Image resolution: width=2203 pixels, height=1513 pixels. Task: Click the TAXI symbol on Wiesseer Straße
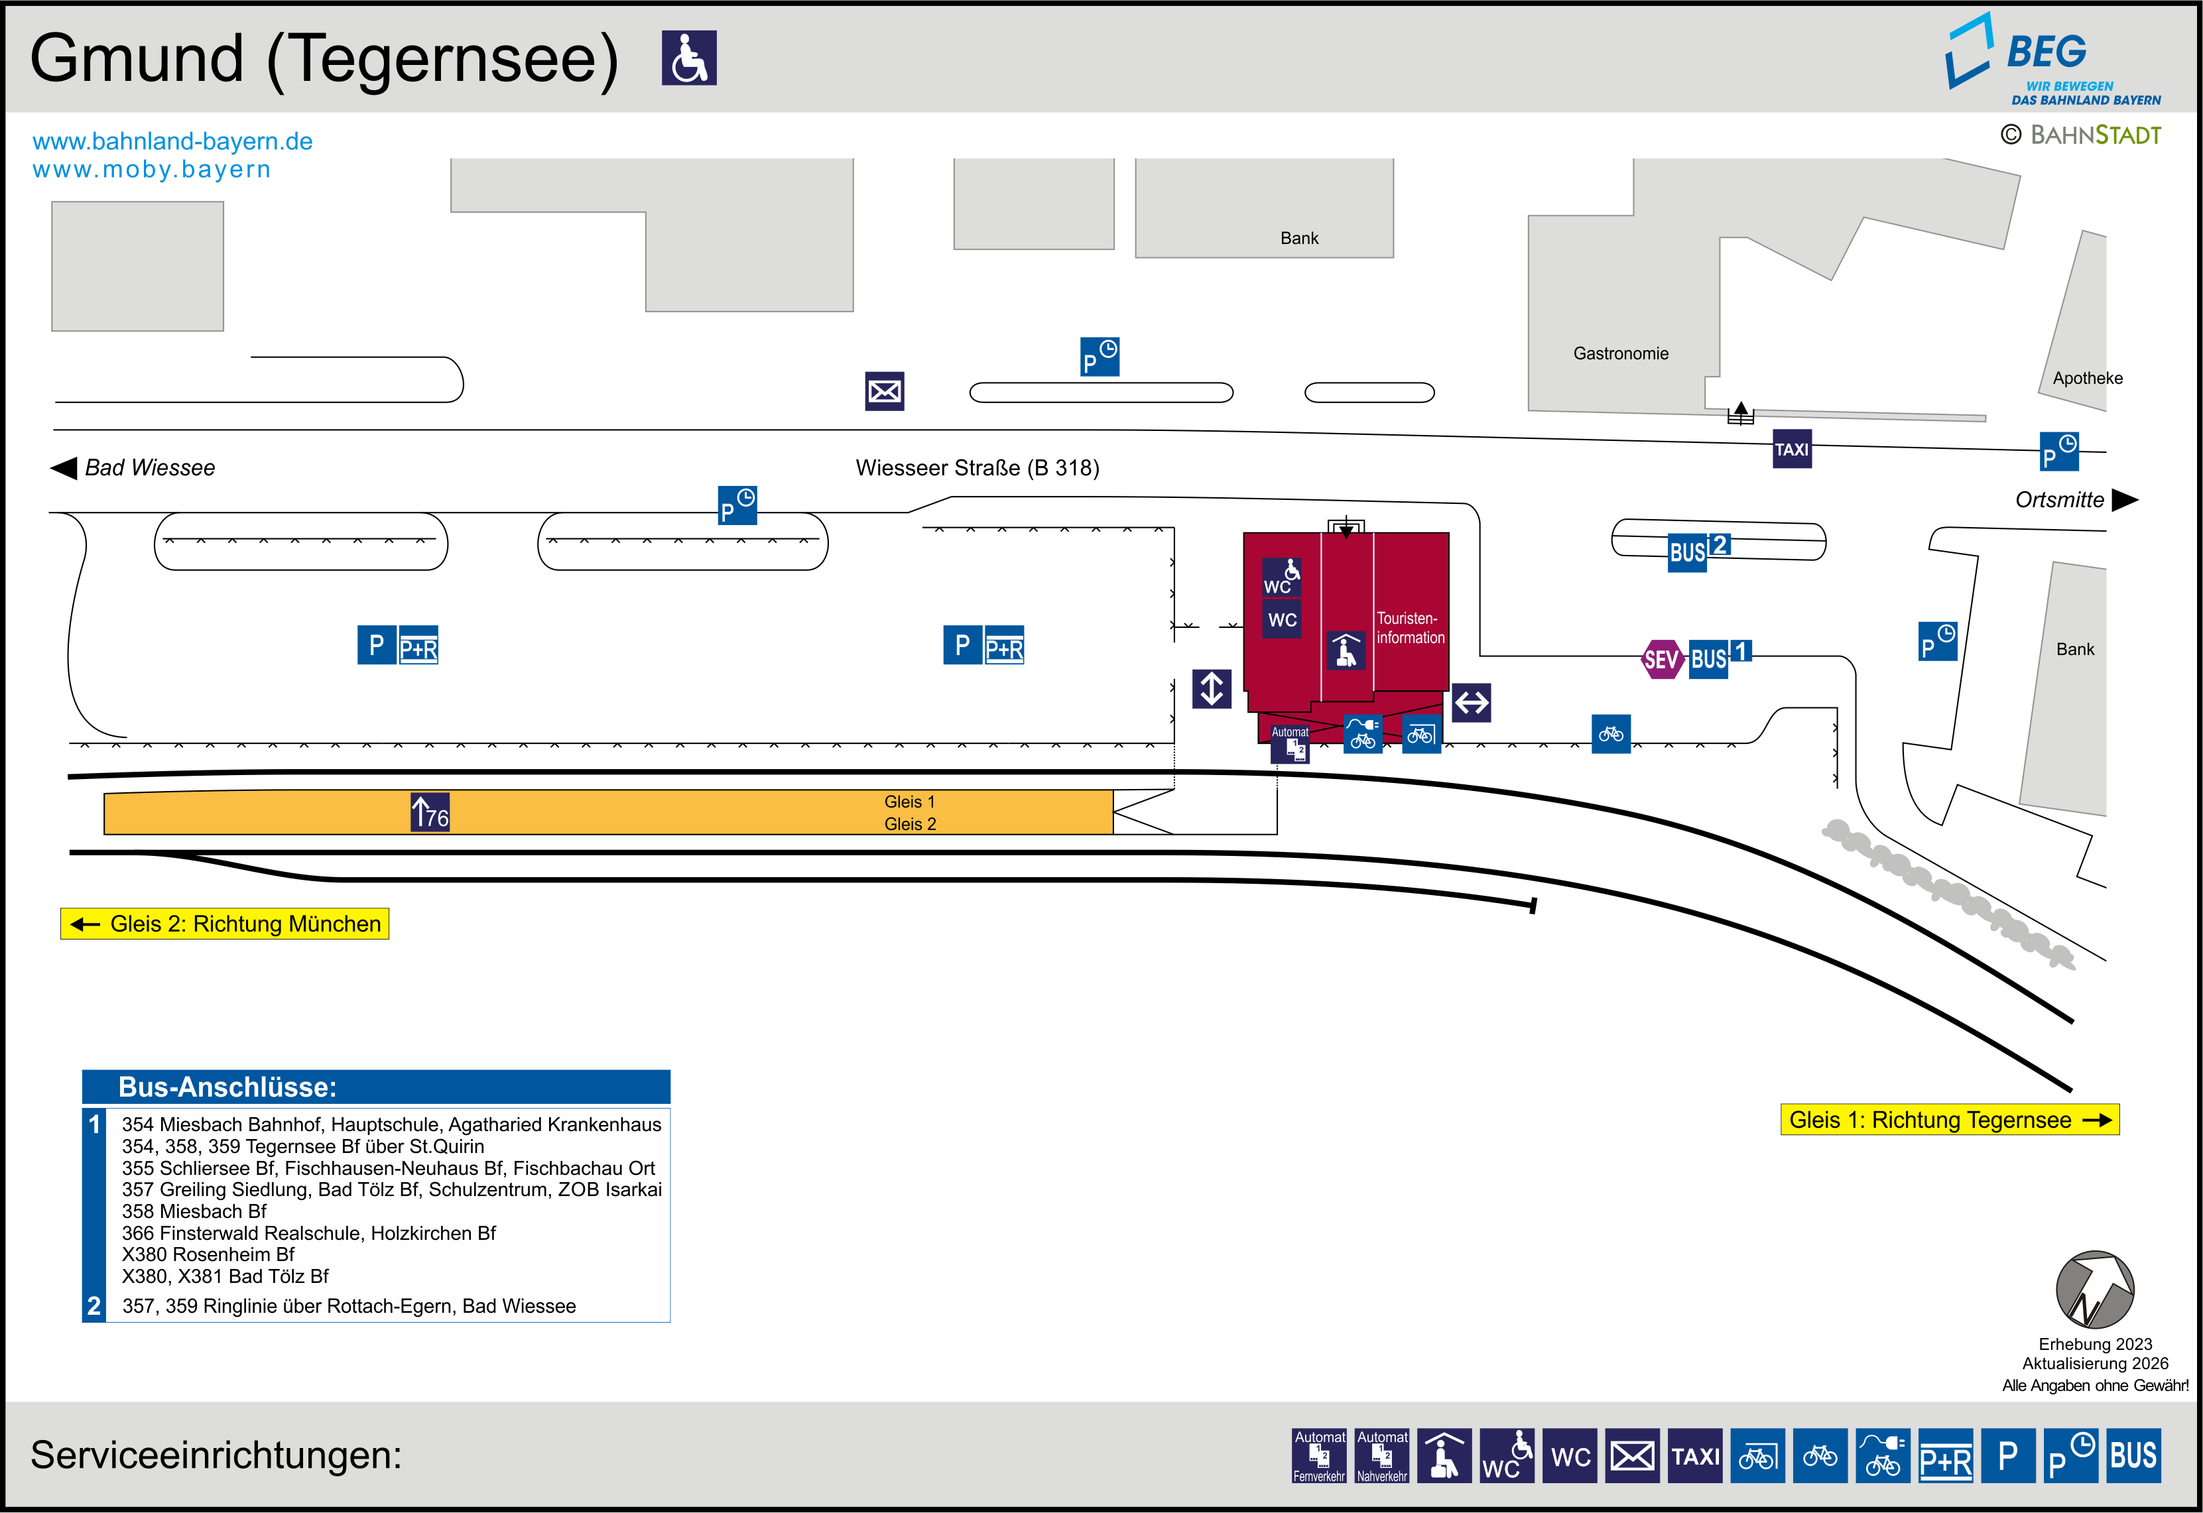(x=1792, y=450)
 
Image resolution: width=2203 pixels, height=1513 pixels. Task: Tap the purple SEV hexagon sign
(x=1661, y=659)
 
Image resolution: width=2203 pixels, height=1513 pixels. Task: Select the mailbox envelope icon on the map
(x=885, y=391)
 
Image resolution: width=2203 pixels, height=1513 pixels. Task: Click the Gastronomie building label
(x=1620, y=353)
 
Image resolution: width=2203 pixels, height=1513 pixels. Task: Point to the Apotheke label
(x=2088, y=378)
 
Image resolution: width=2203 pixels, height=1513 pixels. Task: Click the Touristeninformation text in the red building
(x=1411, y=629)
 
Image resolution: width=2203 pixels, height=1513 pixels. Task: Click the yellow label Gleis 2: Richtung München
(x=225, y=924)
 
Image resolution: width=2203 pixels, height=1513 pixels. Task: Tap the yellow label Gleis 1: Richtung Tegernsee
(x=1949, y=1120)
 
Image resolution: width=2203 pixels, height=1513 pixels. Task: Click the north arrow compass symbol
(x=2095, y=1290)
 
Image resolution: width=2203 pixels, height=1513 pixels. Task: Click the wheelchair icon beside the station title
(x=689, y=58)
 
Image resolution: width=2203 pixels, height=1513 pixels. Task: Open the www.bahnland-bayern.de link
(x=172, y=141)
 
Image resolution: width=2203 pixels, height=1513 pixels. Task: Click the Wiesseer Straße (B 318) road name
(x=977, y=467)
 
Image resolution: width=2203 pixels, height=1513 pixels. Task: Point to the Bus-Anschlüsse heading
(x=227, y=1087)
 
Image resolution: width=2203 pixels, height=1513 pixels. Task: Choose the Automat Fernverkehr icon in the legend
(x=1318, y=1455)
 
